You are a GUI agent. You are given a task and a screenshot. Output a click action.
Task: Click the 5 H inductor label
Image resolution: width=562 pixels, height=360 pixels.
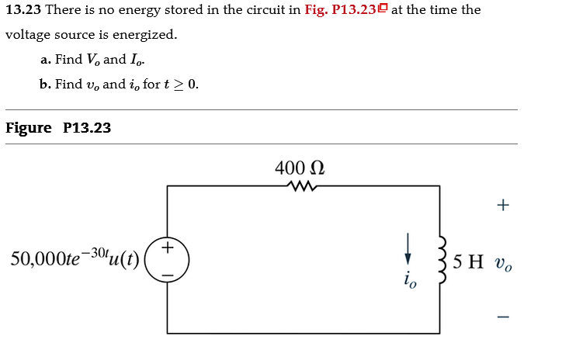(470, 260)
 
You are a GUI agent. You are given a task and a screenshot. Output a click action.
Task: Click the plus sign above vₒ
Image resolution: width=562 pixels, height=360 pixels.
(503, 206)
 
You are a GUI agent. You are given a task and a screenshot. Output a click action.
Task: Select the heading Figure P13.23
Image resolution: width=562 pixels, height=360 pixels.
(58, 128)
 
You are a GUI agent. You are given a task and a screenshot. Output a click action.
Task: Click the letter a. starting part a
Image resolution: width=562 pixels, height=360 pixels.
(46, 60)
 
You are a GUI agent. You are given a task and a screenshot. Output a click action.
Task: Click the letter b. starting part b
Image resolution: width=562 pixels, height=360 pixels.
(46, 85)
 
